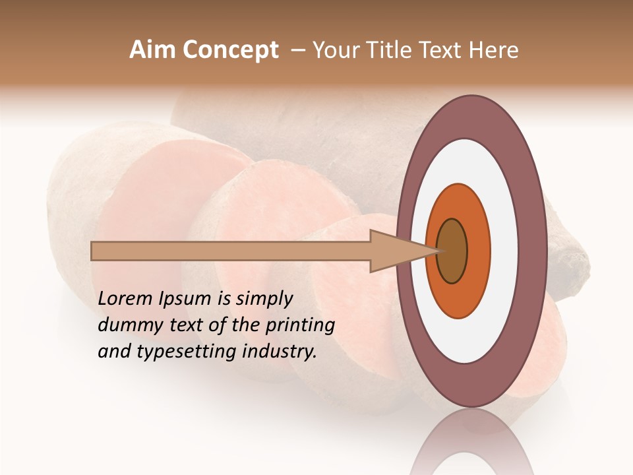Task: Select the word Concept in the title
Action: (x=230, y=50)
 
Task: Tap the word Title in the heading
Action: (x=392, y=50)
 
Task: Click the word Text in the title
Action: (x=444, y=50)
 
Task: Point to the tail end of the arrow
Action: (x=93, y=251)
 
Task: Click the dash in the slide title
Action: (x=298, y=50)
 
